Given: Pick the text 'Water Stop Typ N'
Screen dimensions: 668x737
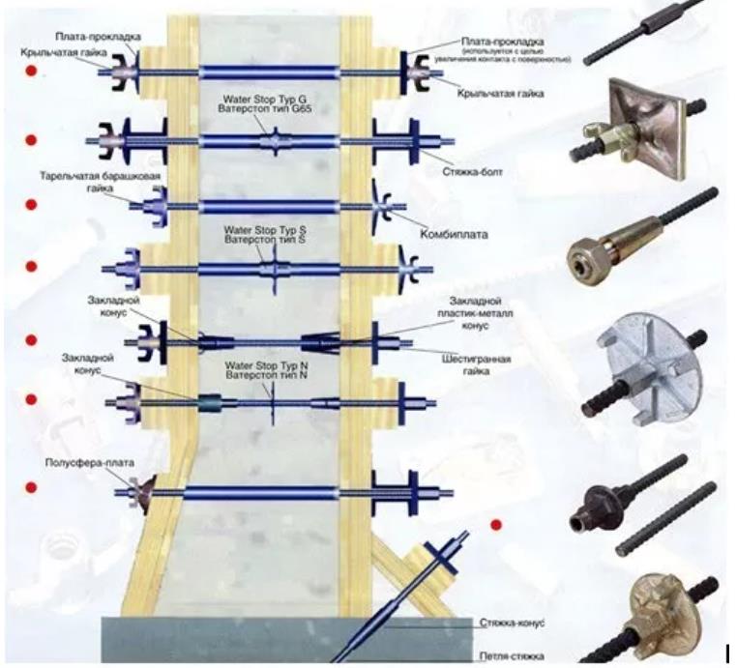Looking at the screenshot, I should click(x=265, y=365).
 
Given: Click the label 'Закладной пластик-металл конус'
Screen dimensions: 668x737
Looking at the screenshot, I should click(x=480, y=312).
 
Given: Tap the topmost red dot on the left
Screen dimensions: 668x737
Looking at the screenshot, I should click(x=30, y=72).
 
